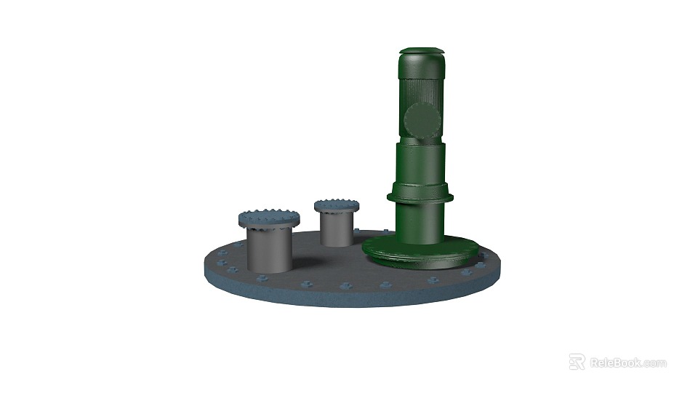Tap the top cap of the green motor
[x=421, y=52]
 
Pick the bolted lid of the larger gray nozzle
[x=269, y=218]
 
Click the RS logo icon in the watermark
[x=577, y=362]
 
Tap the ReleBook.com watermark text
[x=627, y=362]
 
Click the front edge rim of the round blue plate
[x=349, y=295]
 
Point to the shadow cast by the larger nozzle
[x=305, y=262]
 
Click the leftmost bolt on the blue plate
[x=218, y=257]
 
